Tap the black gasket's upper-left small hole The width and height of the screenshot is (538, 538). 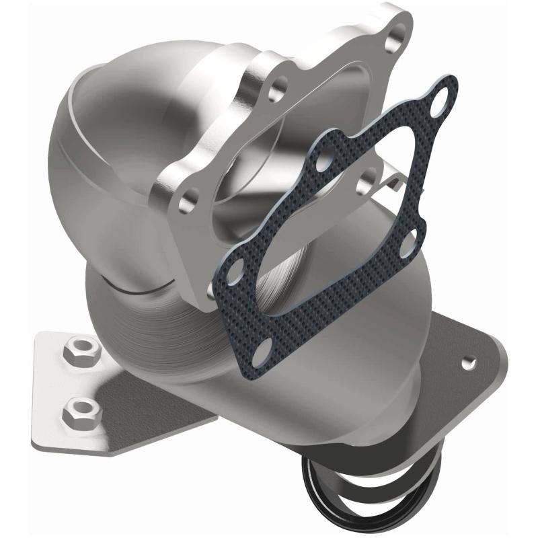tap(325, 160)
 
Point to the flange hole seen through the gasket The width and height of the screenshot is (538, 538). tap(367, 178)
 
